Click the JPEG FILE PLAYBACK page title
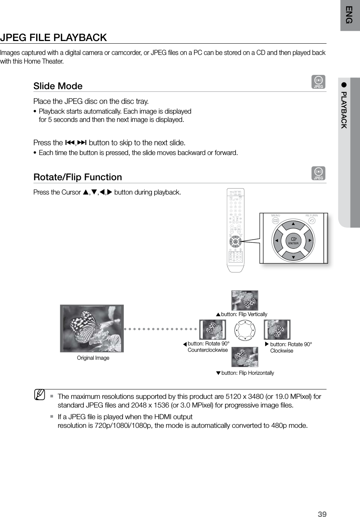(53, 38)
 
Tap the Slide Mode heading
(58, 86)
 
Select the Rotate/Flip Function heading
(77, 177)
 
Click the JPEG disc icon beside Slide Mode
(319, 82)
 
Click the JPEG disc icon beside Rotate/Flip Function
(319, 173)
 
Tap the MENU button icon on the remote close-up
(276, 220)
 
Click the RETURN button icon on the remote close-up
(311, 220)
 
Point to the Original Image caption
(93, 358)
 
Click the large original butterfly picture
(92, 328)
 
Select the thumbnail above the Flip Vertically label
(245, 300)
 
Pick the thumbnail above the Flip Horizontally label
(245, 357)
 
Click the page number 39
(322, 514)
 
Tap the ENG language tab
(350, 15)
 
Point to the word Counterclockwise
(208, 350)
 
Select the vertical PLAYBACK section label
(343, 109)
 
